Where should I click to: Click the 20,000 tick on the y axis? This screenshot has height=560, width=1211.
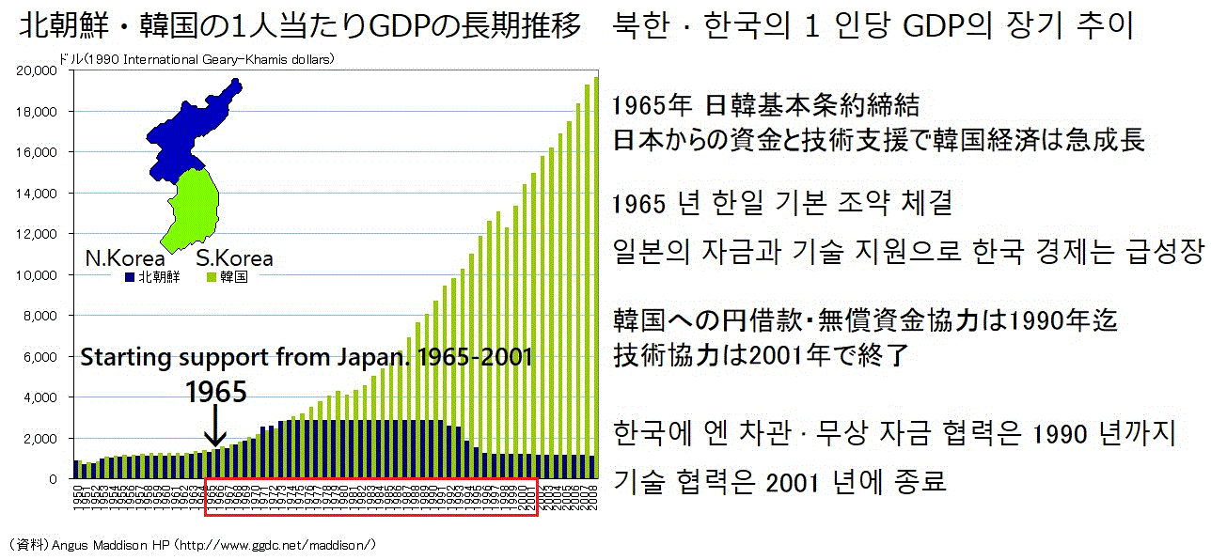(x=41, y=71)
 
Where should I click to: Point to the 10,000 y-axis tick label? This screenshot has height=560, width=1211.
(x=41, y=275)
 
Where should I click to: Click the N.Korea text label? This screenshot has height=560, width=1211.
(x=125, y=258)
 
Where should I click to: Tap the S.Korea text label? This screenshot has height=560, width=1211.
(x=234, y=258)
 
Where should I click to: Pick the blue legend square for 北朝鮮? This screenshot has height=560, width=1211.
(x=129, y=278)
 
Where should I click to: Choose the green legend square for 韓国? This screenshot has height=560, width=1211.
(x=211, y=278)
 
